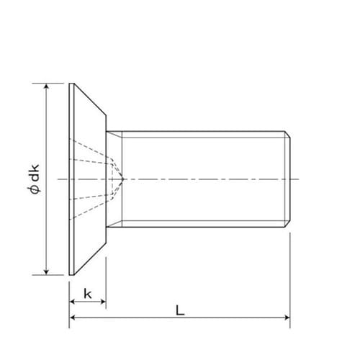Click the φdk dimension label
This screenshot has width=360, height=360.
[x=36, y=179]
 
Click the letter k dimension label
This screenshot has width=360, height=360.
[x=87, y=293]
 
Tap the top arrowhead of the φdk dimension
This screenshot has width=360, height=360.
[x=47, y=87]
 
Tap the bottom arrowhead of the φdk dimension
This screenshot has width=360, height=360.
[x=47, y=271]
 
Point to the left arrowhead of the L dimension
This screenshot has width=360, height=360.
[x=73, y=317]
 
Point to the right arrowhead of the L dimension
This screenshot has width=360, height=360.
[x=286, y=317]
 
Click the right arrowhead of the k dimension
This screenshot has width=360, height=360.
[x=103, y=301]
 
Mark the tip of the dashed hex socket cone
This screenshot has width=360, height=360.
[x=123, y=178]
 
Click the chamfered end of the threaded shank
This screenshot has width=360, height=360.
[x=287, y=178]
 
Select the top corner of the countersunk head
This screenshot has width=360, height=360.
[x=71, y=84]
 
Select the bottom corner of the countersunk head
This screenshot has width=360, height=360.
[x=71, y=274]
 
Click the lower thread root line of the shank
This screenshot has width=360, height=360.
[x=202, y=220]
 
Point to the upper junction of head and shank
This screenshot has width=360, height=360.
[x=107, y=131]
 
